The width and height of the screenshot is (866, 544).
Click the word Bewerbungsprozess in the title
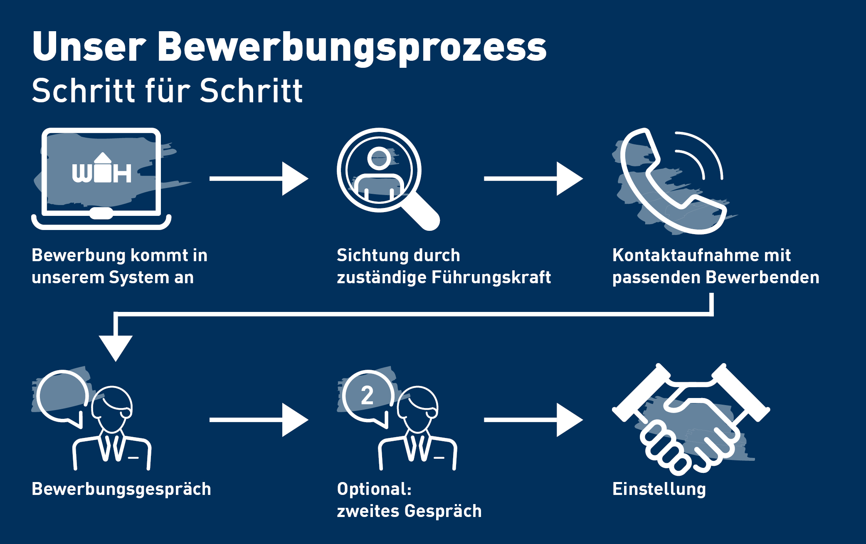352,48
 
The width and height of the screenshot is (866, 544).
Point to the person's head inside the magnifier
379,158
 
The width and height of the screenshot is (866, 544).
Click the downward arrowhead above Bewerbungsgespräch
116,348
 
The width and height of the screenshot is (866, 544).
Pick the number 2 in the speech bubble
367,395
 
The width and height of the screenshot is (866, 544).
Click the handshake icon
690,420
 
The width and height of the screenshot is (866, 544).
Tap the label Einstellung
659,489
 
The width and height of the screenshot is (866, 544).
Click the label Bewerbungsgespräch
121,489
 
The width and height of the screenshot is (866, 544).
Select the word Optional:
374,489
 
